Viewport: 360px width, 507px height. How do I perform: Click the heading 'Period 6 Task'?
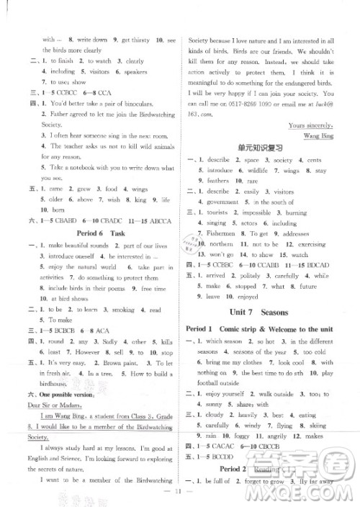pos(96,234)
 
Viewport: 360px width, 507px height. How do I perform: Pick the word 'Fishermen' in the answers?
pos(217,233)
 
